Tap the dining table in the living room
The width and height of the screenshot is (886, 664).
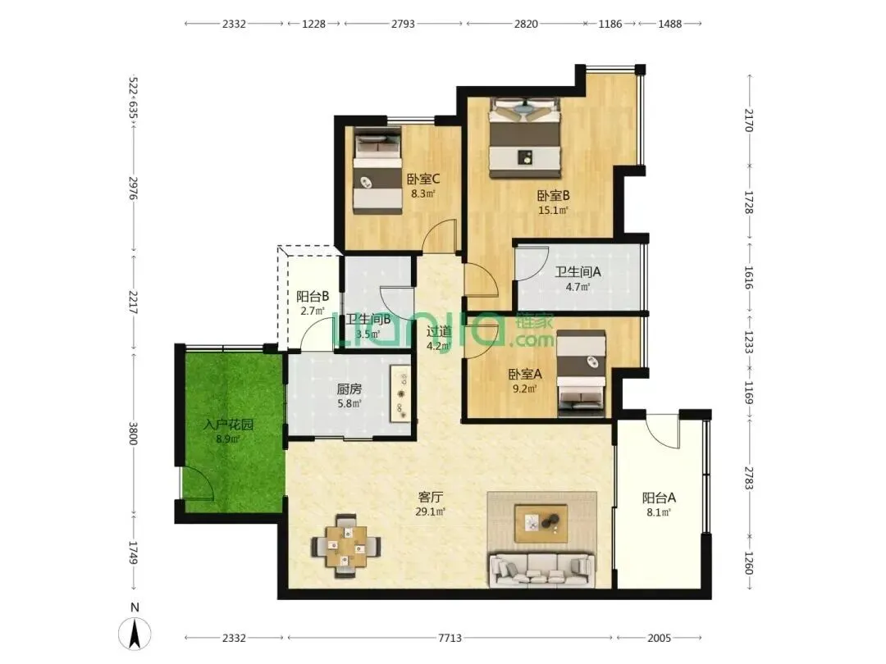click(x=346, y=546)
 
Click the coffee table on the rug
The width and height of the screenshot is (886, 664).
click(x=541, y=523)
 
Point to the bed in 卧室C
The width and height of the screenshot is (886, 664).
click(x=377, y=170)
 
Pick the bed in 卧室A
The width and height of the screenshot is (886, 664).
click(x=581, y=374)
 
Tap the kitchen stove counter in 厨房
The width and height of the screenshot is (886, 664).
click(x=401, y=394)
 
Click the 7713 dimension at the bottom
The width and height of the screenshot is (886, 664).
click(x=450, y=638)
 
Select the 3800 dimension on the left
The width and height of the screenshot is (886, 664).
click(x=134, y=434)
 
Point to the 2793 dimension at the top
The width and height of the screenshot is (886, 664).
click(x=403, y=24)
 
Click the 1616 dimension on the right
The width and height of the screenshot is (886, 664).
click(x=749, y=278)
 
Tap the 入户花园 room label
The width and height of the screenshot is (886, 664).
click(x=228, y=425)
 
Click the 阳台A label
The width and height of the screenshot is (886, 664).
click(x=659, y=498)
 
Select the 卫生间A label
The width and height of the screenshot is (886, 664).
click(x=578, y=272)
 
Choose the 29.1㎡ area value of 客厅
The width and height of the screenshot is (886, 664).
click(x=430, y=512)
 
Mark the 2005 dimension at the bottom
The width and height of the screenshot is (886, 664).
click(x=659, y=638)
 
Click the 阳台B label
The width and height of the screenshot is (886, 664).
click(x=313, y=297)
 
